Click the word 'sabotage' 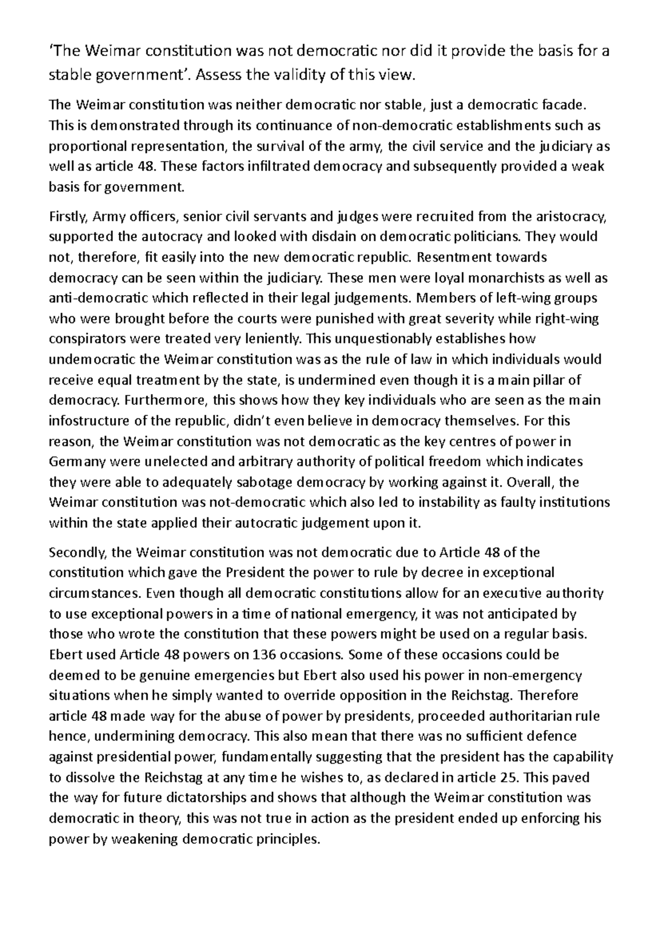click(265, 482)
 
